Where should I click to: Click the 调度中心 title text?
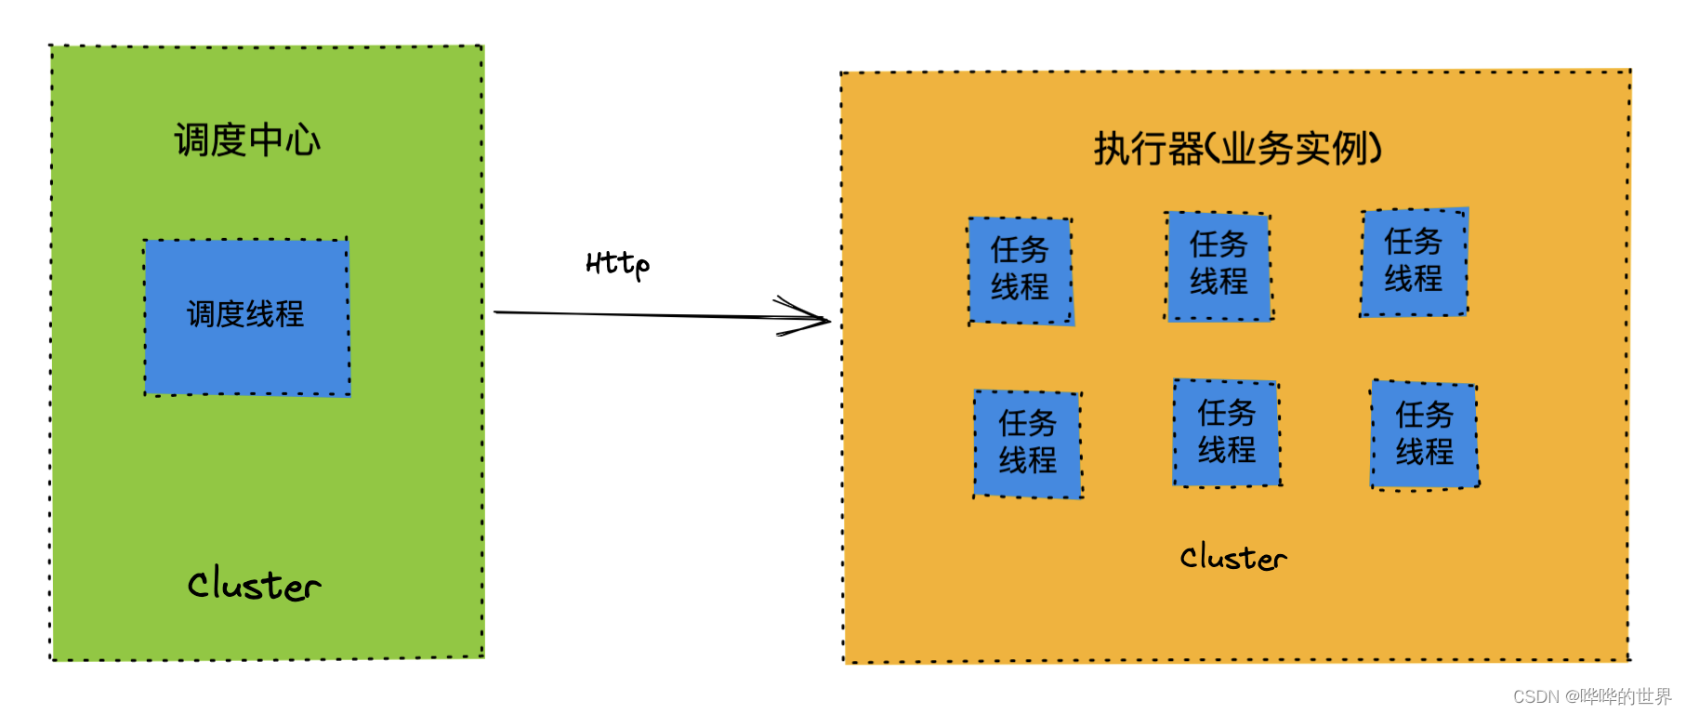click(x=247, y=140)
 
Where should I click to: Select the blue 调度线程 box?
click(x=246, y=317)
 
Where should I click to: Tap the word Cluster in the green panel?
click(x=254, y=585)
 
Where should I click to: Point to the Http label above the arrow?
click(x=617, y=264)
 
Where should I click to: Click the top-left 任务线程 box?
click(x=1021, y=271)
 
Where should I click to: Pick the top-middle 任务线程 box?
click(x=1218, y=266)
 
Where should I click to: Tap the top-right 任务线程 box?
click(x=1414, y=262)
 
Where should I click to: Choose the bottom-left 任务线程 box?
click(x=1028, y=443)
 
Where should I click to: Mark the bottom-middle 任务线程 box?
click(x=1227, y=432)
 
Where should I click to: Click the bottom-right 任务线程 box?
click(x=1425, y=434)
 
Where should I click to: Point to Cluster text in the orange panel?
click(x=1233, y=558)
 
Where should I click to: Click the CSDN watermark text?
click(x=1591, y=696)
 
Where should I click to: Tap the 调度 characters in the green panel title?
click(x=211, y=140)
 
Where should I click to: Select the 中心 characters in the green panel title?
click(x=284, y=140)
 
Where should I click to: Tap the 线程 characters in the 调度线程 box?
click(x=275, y=314)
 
